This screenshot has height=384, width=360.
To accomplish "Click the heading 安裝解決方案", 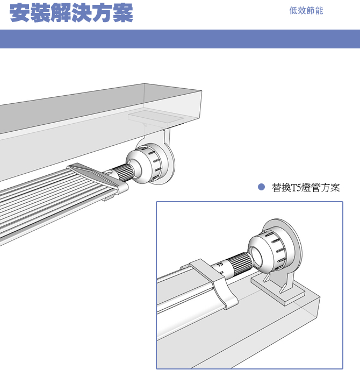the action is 71,13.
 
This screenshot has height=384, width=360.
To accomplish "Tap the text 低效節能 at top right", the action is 306,11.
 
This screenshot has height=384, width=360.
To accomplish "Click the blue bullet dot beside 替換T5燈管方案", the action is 261,187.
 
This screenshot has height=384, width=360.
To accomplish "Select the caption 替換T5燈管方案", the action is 306,188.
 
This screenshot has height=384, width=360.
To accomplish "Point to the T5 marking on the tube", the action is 220,265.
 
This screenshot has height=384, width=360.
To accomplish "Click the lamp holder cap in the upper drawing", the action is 144,163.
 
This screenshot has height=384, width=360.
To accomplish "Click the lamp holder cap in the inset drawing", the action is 267,251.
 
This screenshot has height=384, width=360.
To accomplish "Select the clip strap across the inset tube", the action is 215,282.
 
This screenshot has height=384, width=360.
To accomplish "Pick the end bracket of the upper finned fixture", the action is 98,177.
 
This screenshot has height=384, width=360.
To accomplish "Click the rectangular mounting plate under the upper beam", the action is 156,118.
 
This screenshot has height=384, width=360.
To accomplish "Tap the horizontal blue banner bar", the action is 180,39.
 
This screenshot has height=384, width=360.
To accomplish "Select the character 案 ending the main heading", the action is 123,13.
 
